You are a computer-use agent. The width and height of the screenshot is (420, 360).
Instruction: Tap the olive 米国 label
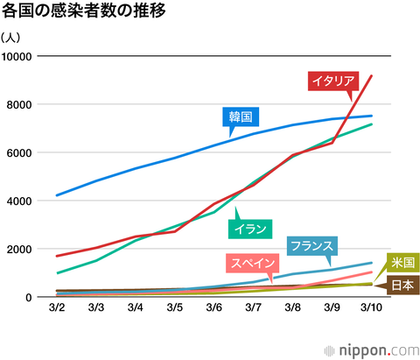tap(402, 262)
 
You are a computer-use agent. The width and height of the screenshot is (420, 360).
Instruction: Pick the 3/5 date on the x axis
tap(175, 308)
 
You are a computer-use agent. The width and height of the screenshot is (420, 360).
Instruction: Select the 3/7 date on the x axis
tap(254, 308)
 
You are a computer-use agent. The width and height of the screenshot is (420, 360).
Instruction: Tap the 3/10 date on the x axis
tap(370, 308)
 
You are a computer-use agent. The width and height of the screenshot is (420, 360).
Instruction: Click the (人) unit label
tap(12, 38)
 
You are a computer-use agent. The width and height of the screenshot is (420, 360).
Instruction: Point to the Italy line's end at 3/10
tap(372, 76)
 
